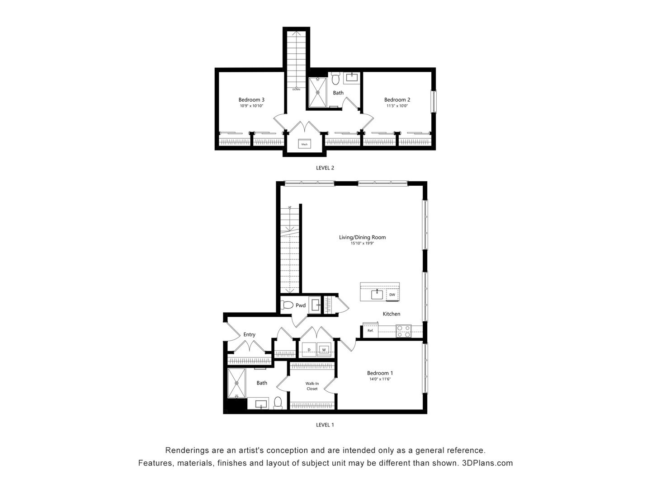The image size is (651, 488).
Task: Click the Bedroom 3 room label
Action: [251, 100]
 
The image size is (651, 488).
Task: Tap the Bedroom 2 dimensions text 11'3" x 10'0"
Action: [397, 106]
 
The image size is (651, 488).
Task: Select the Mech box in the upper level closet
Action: [304, 145]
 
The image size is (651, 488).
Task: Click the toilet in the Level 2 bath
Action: [335, 79]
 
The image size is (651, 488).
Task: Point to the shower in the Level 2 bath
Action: [317, 93]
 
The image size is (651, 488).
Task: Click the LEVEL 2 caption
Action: [325, 168]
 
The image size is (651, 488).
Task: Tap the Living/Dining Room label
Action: [362, 237]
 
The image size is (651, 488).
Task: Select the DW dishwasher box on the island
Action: [392, 295]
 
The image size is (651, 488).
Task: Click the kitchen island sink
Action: [377, 295]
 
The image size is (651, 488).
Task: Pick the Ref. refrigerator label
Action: [370, 331]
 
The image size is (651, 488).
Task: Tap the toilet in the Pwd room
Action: [287, 305]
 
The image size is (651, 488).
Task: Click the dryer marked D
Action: [309, 350]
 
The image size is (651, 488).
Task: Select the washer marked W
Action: [324, 350]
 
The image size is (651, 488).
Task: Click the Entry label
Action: [249, 335]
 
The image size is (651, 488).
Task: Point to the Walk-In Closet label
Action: [312, 386]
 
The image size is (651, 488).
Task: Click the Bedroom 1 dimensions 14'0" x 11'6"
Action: [379, 379]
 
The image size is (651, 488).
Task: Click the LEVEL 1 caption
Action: [325, 425]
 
